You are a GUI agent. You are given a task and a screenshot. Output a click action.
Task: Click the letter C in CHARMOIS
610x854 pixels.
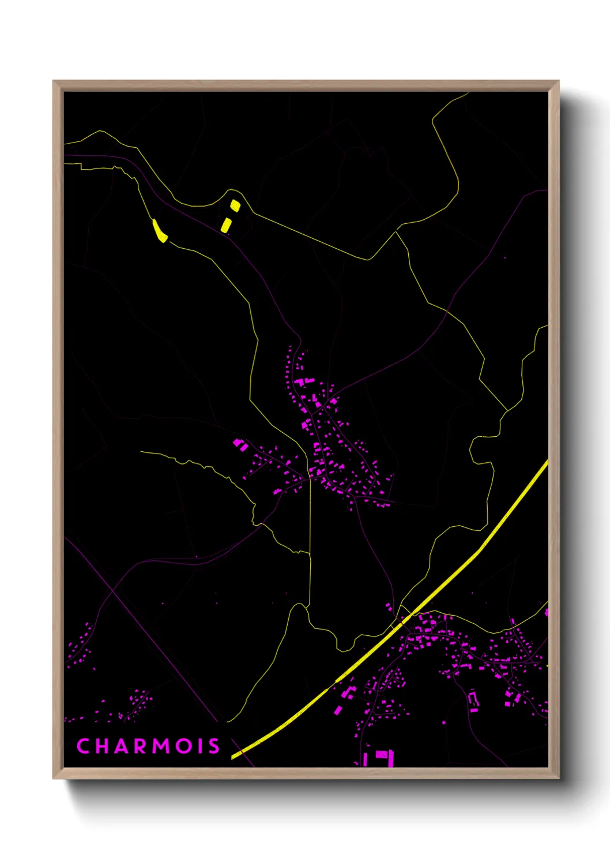coord(82,746)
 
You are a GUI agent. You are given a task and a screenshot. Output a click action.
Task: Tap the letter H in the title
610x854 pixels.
coord(102,746)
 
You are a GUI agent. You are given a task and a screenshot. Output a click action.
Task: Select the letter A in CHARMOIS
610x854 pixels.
coord(122,746)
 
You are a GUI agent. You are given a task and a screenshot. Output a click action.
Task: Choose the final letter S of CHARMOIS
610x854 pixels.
coord(214,746)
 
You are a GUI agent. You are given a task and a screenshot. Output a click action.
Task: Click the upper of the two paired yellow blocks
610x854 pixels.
coord(235,205)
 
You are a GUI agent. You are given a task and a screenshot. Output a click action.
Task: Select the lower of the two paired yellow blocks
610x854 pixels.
coord(227,225)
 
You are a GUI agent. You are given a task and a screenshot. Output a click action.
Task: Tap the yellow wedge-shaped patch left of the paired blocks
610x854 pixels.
coord(160,231)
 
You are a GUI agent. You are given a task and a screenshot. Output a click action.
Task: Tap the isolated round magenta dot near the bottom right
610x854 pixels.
coord(444,722)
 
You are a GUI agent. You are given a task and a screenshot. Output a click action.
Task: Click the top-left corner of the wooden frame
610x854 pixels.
coord(54,81)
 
